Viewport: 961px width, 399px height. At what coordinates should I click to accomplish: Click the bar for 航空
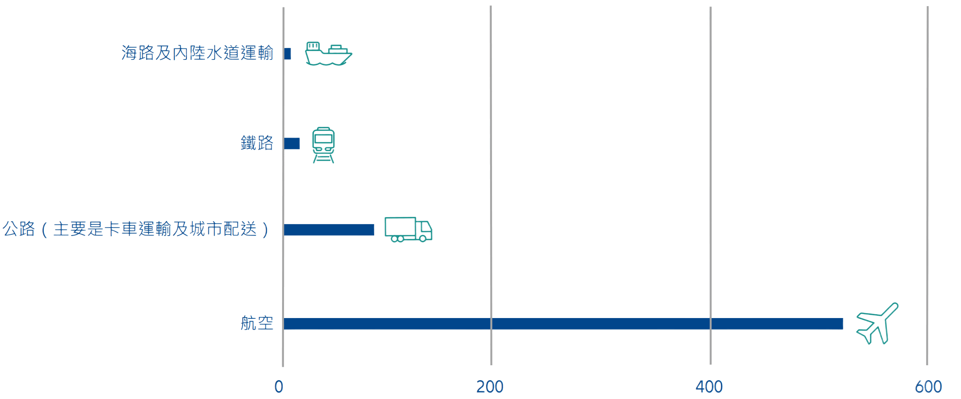pos(563,323)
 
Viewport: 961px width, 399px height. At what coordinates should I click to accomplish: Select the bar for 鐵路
pos(292,143)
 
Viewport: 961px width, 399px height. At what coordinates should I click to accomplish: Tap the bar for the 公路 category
pos(329,229)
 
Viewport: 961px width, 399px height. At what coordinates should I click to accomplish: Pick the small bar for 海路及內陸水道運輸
pos(287,53)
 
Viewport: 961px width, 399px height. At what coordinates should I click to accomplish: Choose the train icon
pos(324,144)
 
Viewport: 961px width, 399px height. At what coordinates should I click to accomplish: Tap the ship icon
pos(329,53)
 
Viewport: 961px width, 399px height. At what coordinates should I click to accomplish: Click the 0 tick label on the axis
pos(279,387)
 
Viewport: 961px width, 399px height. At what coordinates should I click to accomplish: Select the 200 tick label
pos(490,387)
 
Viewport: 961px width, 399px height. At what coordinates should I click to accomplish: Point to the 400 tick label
pos(710,387)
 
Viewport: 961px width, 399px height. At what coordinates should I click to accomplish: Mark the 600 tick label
pos(928,387)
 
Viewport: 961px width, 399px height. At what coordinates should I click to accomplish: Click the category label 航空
pos(257,323)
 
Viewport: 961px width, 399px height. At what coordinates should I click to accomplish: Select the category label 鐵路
pos(257,143)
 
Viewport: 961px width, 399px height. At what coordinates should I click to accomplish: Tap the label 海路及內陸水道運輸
pos(197,53)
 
